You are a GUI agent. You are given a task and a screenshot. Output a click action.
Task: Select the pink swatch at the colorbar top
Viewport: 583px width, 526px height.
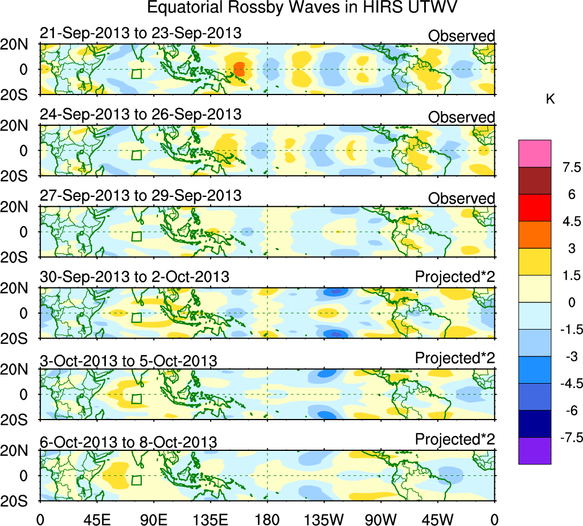pos(535,154)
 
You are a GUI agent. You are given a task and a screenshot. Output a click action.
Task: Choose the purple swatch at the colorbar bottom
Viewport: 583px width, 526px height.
pos(535,451)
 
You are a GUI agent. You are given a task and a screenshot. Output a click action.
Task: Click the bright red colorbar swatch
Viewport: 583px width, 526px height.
pos(535,208)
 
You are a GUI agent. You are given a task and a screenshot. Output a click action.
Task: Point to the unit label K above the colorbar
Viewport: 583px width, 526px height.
pos(550,99)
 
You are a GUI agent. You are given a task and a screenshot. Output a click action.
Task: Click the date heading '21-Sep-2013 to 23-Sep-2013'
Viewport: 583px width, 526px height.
pos(141,34)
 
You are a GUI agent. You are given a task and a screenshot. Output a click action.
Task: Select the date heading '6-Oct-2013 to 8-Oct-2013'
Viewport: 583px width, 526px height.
pos(128,442)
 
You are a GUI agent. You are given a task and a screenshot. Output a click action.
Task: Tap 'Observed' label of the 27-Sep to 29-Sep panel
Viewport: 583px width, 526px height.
pos(461,199)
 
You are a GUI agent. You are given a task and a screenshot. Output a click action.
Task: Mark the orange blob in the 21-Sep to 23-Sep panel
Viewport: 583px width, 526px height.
pos(239,69)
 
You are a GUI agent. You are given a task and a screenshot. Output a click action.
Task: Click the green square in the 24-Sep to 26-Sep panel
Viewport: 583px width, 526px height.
pos(136,155)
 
